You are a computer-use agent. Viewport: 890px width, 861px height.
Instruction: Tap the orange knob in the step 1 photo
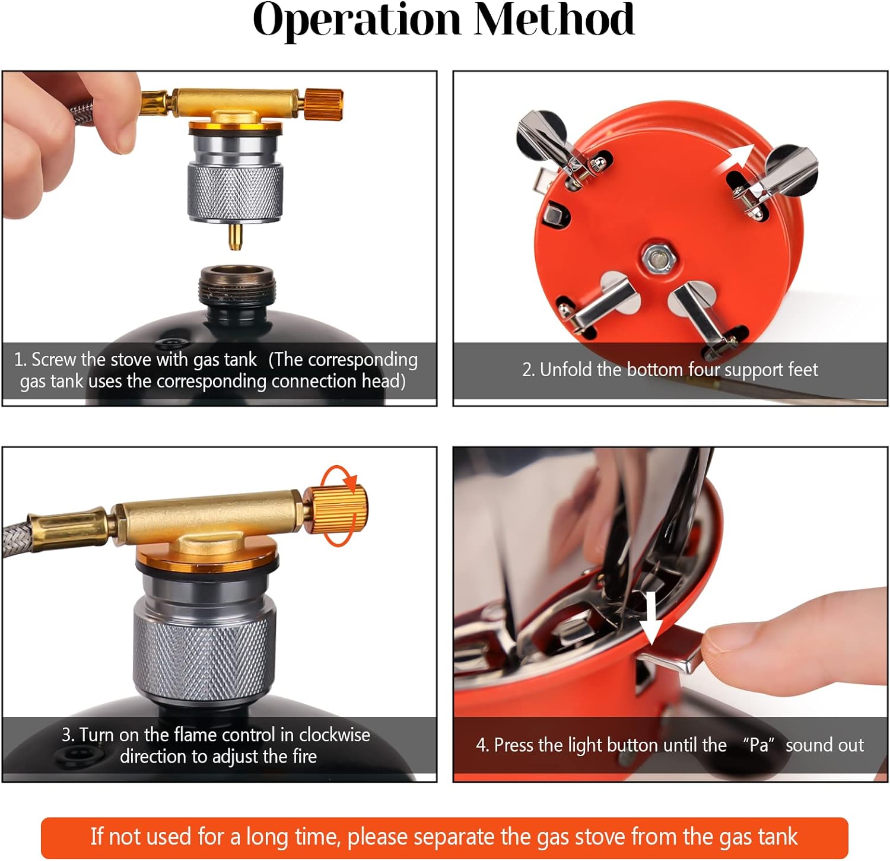click(x=324, y=102)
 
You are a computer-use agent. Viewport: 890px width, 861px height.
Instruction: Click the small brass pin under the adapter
click(x=236, y=236)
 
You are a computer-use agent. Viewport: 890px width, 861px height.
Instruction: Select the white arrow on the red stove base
click(x=734, y=159)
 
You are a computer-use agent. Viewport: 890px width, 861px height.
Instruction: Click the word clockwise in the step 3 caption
click(x=335, y=735)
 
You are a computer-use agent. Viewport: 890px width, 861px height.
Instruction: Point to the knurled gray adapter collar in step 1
click(x=236, y=189)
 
